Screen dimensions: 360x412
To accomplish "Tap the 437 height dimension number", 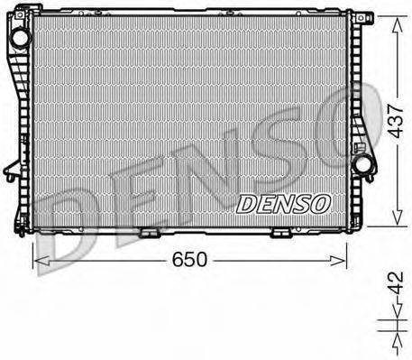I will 393,118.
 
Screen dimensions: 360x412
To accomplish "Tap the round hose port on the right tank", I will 364,164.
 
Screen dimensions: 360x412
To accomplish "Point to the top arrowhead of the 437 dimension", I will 394,18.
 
